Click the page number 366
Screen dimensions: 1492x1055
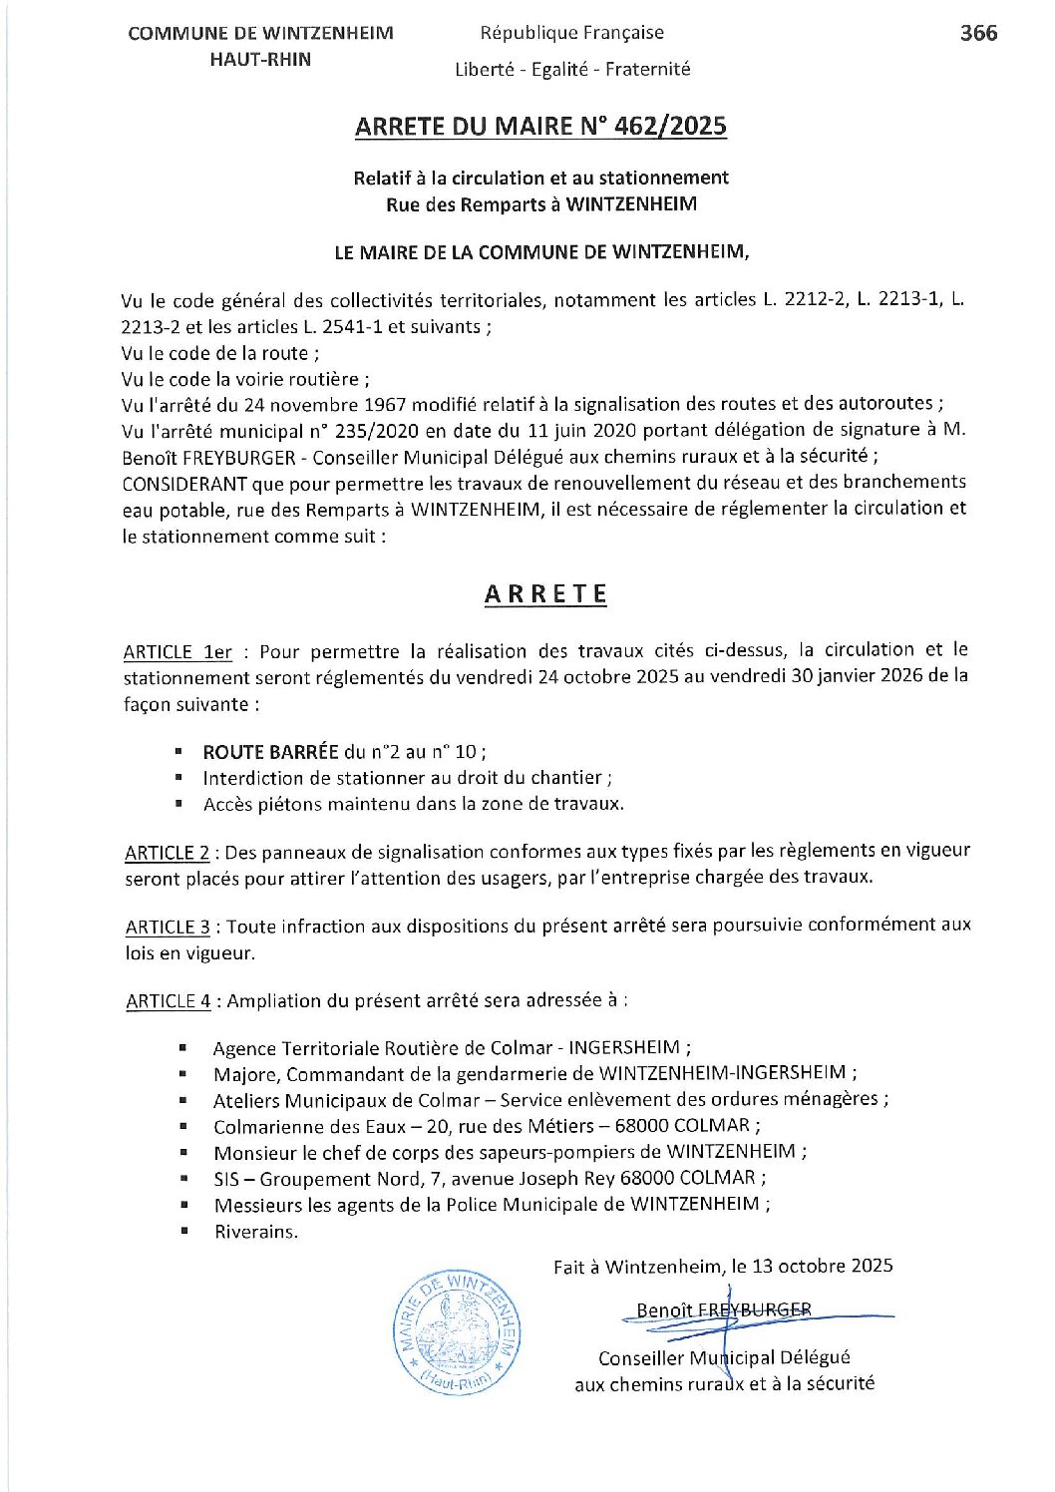pyautogui.click(x=977, y=33)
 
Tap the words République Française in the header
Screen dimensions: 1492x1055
pyautogui.click(x=571, y=33)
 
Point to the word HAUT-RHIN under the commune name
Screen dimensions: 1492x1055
pyautogui.click(x=260, y=60)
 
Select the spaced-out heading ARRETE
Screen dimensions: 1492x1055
pyautogui.click(x=545, y=594)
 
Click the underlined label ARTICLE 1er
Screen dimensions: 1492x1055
pyautogui.click(x=177, y=652)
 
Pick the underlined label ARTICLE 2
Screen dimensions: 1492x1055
pyautogui.click(x=168, y=853)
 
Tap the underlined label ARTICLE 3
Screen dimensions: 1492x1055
pyautogui.click(x=169, y=927)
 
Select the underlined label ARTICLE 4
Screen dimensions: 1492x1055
pyautogui.click(x=169, y=1001)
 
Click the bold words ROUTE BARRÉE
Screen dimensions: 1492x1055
pyautogui.click(x=270, y=752)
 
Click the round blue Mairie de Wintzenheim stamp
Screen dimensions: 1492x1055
pyautogui.click(x=458, y=1332)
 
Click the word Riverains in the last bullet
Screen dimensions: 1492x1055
pyautogui.click(x=256, y=1232)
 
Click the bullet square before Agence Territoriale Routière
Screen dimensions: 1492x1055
pyautogui.click(x=183, y=1048)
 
